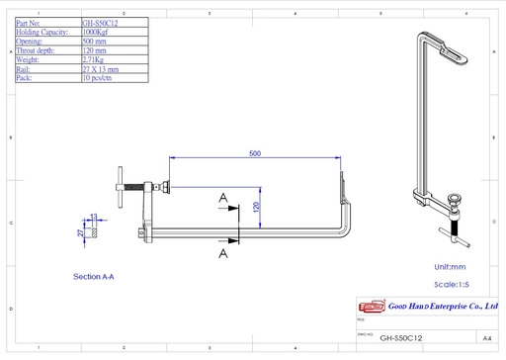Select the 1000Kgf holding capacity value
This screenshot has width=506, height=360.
(x=97, y=31)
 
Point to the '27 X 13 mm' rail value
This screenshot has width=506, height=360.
(x=100, y=69)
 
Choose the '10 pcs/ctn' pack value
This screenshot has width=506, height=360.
(x=98, y=78)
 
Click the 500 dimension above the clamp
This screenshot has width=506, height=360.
(x=255, y=153)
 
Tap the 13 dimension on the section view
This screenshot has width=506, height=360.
(x=94, y=216)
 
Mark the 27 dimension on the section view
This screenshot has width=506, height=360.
(x=82, y=232)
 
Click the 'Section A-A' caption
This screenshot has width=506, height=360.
(x=94, y=277)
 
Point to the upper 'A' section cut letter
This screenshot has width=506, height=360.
(x=223, y=200)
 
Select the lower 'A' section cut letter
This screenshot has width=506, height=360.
(x=223, y=253)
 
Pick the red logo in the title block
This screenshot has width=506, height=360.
(x=371, y=308)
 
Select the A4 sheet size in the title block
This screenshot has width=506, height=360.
(x=486, y=337)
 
